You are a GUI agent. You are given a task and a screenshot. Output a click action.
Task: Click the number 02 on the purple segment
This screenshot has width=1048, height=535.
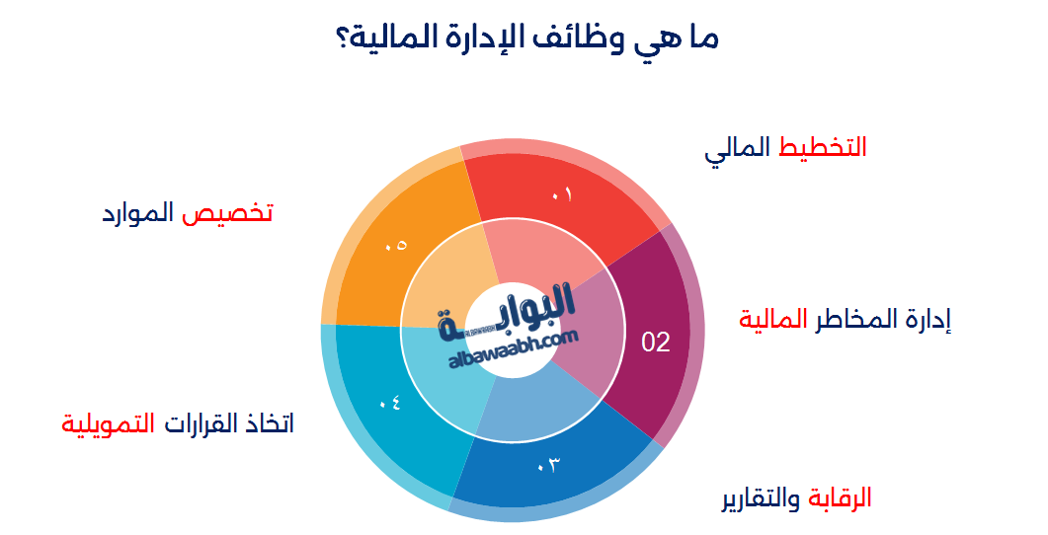pos(656,343)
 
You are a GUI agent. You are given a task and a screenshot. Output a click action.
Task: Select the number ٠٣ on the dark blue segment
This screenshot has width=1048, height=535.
pos(548,464)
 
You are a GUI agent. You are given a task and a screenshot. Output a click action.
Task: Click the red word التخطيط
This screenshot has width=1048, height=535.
pos(823,147)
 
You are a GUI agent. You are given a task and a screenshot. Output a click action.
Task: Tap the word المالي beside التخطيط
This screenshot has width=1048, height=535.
pos(737,149)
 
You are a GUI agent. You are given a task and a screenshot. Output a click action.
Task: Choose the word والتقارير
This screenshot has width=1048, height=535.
pos(761,498)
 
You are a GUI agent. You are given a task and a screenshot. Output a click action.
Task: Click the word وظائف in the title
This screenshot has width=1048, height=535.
pos(580,40)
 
